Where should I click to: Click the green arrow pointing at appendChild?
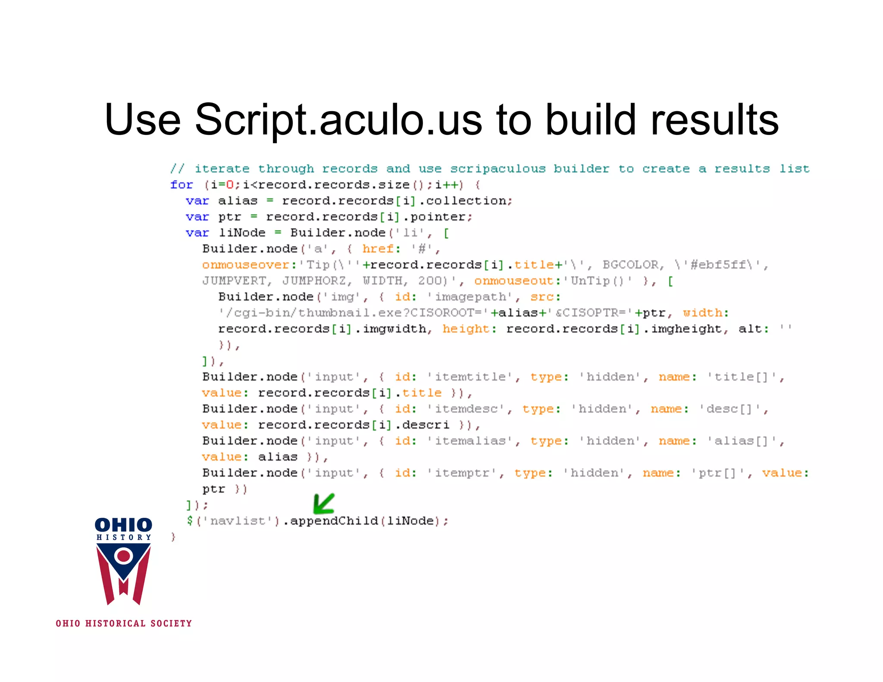[x=323, y=504]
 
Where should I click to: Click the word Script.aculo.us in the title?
[x=338, y=120]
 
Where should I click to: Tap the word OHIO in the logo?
[x=123, y=525]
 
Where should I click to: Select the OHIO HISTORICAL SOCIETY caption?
[x=124, y=623]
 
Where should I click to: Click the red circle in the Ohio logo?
[x=124, y=556]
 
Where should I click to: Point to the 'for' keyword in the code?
[x=182, y=185]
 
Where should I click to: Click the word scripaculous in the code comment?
[x=498, y=169]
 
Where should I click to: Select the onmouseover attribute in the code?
[x=245, y=265]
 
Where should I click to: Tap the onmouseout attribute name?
[x=514, y=281]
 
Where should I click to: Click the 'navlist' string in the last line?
[x=238, y=521]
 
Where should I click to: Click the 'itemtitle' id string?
[x=470, y=377]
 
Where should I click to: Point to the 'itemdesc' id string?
[x=466, y=409]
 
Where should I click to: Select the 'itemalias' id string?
[x=470, y=441]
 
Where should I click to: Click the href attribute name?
[x=378, y=249]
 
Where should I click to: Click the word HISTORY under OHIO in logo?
[x=124, y=538]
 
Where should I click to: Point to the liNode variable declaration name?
[x=242, y=233]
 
